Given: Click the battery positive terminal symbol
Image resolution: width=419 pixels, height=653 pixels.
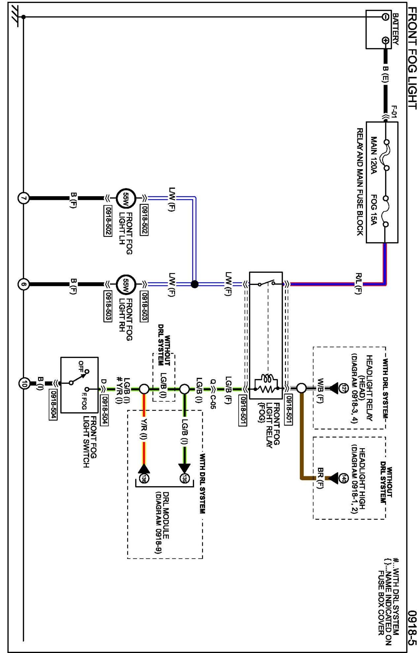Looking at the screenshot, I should [385, 41].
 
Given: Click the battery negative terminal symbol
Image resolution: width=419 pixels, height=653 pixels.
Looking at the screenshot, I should [385, 17].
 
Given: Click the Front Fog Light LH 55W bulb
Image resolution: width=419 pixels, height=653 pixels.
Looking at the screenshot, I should [126, 198].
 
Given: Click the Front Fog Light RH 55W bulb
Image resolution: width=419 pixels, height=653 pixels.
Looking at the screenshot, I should [126, 284].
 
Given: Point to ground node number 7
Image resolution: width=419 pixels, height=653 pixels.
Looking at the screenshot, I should [23, 198].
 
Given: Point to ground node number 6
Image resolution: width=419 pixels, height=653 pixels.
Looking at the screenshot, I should [23, 284].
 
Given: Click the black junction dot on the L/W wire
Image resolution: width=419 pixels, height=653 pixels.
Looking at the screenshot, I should [195, 284].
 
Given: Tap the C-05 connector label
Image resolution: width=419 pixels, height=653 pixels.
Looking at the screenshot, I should [212, 399].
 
